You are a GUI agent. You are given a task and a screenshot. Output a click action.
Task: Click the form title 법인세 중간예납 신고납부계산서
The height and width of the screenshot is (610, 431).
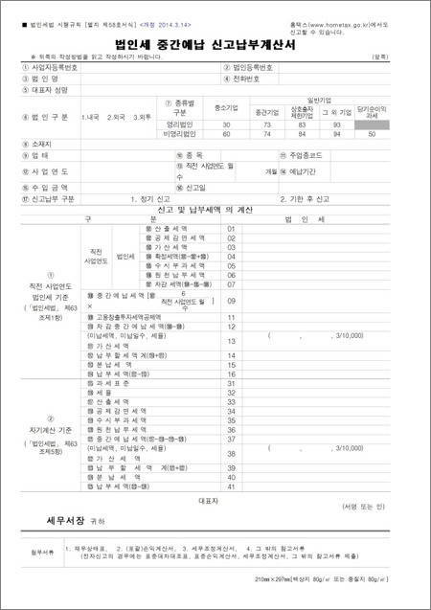[215, 44]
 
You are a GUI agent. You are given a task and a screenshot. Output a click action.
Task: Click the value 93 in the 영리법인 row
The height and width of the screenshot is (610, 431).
[337, 125]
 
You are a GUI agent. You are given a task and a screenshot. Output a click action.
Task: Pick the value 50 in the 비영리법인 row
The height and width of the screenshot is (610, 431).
[373, 135]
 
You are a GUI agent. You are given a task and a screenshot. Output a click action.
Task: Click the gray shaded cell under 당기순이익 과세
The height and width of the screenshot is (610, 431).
[373, 125]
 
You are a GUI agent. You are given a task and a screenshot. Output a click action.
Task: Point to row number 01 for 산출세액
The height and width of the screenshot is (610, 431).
[231, 229]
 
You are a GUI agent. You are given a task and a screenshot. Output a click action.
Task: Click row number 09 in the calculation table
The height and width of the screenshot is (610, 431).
[231, 301]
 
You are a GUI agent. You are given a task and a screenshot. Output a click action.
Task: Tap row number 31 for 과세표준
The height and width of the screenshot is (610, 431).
[231, 383]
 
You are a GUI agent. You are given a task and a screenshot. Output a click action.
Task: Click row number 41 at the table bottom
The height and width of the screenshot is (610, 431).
[231, 488]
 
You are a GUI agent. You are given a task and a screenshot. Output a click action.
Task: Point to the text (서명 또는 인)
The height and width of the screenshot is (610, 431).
[362, 506]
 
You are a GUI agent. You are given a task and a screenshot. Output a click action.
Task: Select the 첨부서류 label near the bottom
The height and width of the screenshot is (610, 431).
[35, 552]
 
